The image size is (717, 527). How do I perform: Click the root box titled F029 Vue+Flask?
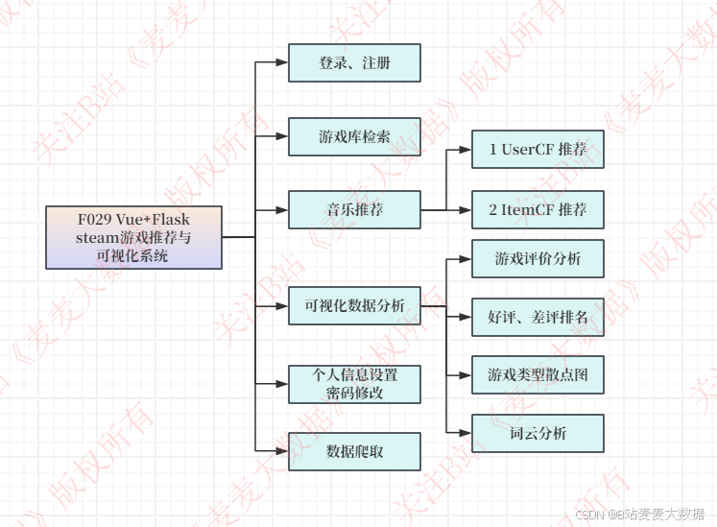click(x=133, y=237)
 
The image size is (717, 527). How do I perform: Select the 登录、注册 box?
click(x=354, y=62)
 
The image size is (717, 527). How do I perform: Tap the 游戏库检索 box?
click(x=354, y=136)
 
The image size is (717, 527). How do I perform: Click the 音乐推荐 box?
click(x=354, y=209)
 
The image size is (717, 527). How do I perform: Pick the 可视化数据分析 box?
click(x=354, y=306)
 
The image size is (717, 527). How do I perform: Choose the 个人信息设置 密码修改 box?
click(x=354, y=383)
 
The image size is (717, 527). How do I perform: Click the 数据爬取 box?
click(x=354, y=451)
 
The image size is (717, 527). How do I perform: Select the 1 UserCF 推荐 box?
click(x=538, y=150)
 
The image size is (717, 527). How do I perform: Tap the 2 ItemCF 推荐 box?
click(x=538, y=209)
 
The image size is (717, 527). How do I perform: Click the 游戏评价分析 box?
click(x=538, y=258)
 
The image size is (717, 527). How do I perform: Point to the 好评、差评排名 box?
click(x=538, y=317)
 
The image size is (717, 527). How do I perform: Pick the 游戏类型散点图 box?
click(x=538, y=373)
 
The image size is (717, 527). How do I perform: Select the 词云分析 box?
click(x=538, y=433)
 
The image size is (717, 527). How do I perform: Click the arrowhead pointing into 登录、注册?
click(x=281, y=62)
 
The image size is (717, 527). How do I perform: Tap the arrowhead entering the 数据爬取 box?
click(x=281, y=451)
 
